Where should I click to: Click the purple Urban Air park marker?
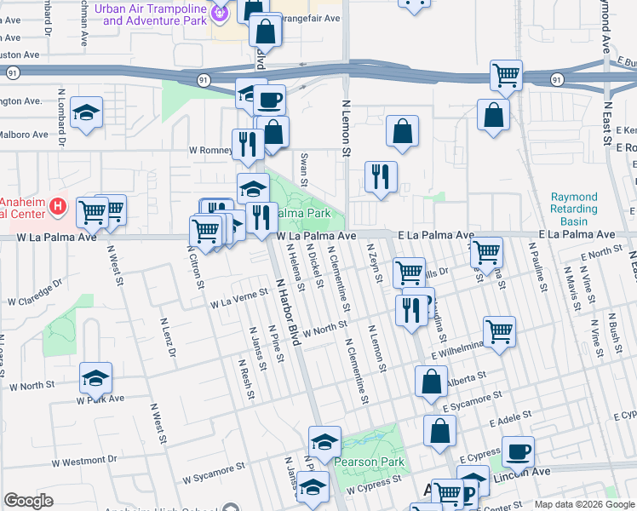(x=221, y=11)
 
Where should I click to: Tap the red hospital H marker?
(x=57, y=206)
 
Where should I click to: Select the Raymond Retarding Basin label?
(x=574, y=209)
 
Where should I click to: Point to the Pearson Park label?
(x=370, y=462)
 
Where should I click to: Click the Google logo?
(x=28, y=501)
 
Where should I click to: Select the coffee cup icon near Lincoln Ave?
(x=518, y=451)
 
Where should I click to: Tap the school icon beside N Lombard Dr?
(x=86, y=113)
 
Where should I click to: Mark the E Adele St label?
(x=510, y=422)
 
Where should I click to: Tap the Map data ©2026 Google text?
(x=584, y=504)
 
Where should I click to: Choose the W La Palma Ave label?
(x=315, y=235)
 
